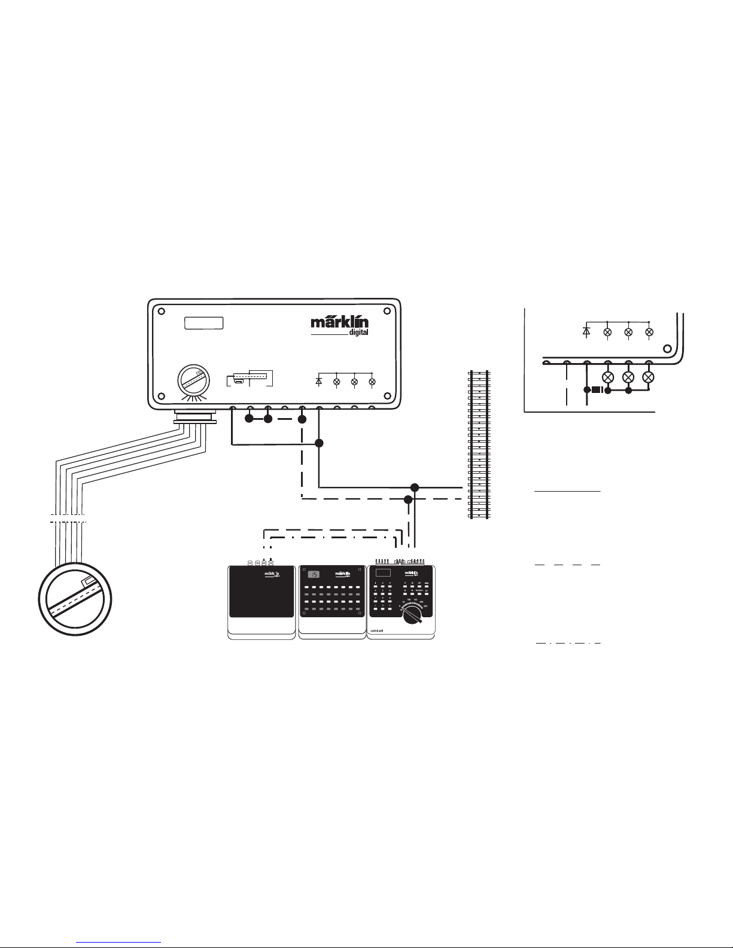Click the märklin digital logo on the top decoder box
click(339, 326)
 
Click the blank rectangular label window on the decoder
click(203, 324)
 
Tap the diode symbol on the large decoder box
click(318, 381)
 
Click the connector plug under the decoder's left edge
click(194, 417)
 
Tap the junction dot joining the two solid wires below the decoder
click(319, 443)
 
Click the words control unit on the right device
click(377, 630)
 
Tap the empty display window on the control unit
click(382, 573)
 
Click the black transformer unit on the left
click(261, 592)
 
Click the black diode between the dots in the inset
click(597, 391)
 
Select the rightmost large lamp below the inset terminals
click(649, 377)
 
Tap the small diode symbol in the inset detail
click(586, 331)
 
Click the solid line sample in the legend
click(567, 491)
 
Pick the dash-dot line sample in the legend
click(567, 644)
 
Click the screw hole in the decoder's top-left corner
click(161, 311)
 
